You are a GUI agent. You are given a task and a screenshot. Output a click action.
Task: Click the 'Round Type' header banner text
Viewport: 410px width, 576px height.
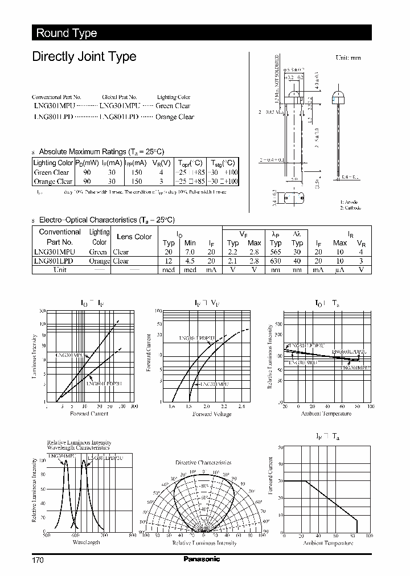(x=67, y=33)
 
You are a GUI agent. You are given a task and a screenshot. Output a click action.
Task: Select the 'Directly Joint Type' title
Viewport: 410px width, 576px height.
(x=84, y=56)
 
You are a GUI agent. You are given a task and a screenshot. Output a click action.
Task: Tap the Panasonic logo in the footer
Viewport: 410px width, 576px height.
(x=202, y=559)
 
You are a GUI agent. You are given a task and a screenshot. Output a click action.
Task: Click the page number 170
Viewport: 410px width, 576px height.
(x=38, y=560)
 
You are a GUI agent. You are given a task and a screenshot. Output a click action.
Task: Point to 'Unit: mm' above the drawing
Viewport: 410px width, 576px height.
(x=348, y=58)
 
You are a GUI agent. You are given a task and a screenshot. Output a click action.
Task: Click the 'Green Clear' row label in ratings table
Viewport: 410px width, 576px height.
(x=51, y=172)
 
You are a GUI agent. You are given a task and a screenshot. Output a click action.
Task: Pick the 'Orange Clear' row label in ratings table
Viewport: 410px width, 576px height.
(x=53, y=182)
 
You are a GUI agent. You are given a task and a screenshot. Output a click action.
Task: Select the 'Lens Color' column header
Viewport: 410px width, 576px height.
(x=134, y=237)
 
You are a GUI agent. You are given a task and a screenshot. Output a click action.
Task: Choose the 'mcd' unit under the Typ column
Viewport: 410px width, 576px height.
(x=168, y=270)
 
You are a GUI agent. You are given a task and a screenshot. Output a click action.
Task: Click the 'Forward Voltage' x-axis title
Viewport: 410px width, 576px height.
(x=211, y=414)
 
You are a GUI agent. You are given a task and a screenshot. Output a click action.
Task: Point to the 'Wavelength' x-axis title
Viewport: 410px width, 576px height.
(x=87, y=542)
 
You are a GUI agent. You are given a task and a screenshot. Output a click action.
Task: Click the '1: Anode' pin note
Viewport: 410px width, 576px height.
(x=350, y=202)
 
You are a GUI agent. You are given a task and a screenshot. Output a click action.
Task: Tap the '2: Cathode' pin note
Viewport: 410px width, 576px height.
(x=351, y=208)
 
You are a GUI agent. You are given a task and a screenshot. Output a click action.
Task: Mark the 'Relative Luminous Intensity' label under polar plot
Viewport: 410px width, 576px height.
(x=204, y=544)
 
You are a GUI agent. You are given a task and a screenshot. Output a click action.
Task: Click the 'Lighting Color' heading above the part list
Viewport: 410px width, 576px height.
(x=174, y=97)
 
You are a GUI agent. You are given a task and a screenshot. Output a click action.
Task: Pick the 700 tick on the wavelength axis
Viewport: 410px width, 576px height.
(x=103, y=536)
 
